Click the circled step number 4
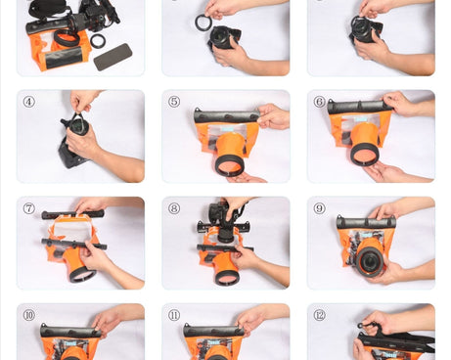(28, 102)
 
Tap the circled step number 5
(174, 102)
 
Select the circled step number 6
(319, 102)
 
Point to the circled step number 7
(28, 208)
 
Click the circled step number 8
(174, 208)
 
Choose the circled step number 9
(319, 208)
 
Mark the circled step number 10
(28, 315)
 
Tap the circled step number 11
(174, 315)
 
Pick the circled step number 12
(319, 315)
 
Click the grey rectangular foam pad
(113, 57)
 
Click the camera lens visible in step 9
(370, 260)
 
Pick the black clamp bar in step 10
(70, 332)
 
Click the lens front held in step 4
(78, 125)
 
